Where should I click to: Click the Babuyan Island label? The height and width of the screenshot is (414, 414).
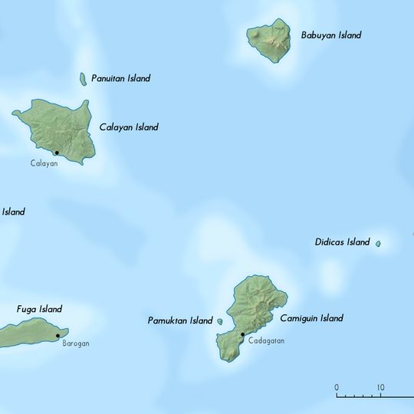330,35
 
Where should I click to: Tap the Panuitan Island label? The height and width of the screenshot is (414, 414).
120,78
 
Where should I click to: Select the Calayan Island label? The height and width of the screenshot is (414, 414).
129,127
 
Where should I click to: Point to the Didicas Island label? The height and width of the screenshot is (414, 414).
342,242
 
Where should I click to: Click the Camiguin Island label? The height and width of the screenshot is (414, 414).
310,318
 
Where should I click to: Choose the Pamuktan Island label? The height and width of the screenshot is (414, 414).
179,320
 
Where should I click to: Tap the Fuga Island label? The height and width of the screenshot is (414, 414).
39,309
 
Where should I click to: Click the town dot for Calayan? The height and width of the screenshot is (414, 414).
57,153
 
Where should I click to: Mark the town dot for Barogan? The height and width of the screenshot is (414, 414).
58,336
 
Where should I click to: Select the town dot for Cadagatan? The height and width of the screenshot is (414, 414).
242,334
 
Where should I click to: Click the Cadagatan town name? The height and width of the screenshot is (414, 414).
266,341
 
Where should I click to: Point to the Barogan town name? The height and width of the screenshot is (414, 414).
76,343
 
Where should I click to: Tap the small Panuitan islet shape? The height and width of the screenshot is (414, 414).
83,79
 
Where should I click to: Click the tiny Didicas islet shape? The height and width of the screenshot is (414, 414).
378,244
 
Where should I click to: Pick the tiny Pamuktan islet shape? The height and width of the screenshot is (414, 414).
221,322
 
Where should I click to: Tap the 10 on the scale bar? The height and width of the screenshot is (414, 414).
380,387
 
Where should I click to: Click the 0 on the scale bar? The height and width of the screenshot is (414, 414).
337,387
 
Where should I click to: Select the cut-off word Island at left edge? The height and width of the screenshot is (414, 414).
13,212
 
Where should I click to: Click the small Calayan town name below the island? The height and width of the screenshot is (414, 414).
44,163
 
